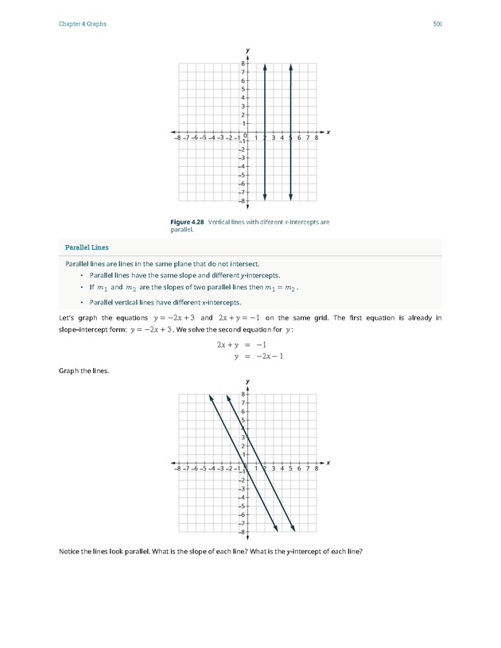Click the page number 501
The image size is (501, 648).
click(437, 25)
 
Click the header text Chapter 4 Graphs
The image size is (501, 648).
click(83, 25)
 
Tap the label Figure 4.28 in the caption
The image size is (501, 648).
click(187, 222)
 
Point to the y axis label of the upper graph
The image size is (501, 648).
click(248, 50)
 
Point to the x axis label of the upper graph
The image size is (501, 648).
click(328, 132)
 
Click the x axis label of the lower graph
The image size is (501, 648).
click(328, 462)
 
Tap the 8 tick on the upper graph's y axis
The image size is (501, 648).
click(243, 64)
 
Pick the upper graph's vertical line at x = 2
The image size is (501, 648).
click(265, 103)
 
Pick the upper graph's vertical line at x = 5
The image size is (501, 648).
click(291, 103)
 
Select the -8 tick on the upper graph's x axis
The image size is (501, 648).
click(177, 138)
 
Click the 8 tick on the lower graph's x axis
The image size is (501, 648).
click(317, 469)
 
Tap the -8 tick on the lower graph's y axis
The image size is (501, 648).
click(242, 532)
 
